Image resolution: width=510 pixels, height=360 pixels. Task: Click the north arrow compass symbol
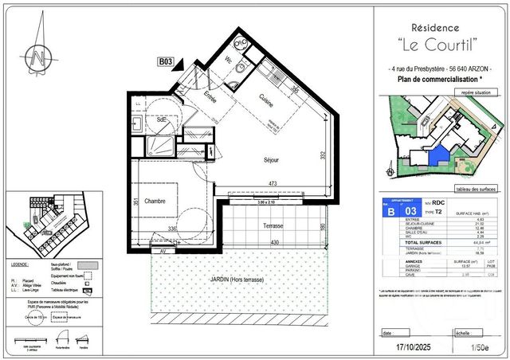click(x=37, y=57)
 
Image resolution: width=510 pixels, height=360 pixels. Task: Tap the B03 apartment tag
click(x=165, y=61)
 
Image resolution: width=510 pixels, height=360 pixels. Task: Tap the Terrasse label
click(x=274, y=226)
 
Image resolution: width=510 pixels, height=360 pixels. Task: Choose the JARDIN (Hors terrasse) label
click(x=237, y=280)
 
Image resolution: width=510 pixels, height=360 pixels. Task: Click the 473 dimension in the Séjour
click(x=272, y=185)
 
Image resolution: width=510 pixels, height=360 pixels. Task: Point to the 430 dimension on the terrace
click(x=275, y=243)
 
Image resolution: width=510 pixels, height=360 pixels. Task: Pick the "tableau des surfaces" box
click(x=477, y=189)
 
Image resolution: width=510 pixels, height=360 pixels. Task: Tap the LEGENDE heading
click(x=20, y=264)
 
